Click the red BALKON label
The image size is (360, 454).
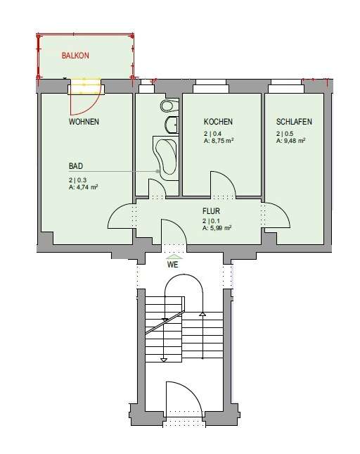click(75, 56)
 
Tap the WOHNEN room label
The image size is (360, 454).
click(84, 122)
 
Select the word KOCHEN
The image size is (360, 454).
click(218, 122)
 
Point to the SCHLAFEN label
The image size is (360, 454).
click(294, 122)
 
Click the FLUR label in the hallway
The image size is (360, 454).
click(211, 211)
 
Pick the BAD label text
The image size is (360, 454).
click(76, 166)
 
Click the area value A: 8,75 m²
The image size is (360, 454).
click(219, 141)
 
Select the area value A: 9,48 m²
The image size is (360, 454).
click(291, 141)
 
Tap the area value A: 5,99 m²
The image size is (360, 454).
click(217, 228)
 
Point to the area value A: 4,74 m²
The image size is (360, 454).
click(83, 187)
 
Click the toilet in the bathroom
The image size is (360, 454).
click(169, 106)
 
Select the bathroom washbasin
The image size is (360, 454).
click(172, 125)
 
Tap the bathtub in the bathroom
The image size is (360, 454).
click(166, 158)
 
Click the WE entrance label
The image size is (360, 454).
click(173, 265)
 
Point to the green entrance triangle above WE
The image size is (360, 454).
click(174, 257)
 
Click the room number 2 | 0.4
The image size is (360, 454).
click(212, 134)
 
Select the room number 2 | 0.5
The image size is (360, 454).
click(285, 134)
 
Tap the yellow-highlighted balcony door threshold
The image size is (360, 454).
click(86, 86)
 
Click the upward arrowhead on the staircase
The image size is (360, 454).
click(202, 314)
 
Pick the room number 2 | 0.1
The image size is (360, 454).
click(212, 221)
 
